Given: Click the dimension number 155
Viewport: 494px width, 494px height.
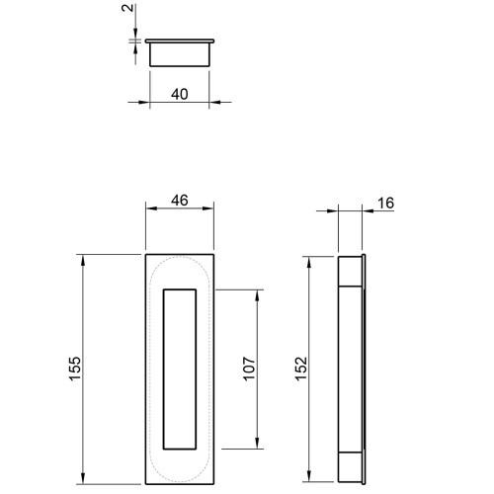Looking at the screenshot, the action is click(75, 369).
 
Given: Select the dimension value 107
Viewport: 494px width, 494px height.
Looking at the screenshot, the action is click(249, 369).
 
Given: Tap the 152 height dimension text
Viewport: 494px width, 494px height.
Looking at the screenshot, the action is click(300, 369).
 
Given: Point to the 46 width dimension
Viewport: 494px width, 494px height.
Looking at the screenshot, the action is click(180, 201).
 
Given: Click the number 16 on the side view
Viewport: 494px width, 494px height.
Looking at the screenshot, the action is click(385, 204).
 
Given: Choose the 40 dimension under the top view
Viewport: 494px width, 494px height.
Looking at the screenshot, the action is click(180, 94).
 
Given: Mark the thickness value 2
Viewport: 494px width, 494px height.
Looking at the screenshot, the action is click(127, 8).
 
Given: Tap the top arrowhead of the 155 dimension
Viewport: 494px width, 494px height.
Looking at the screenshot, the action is click(83, 261).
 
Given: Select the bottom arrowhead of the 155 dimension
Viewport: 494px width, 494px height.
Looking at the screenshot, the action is click(83, 478).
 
